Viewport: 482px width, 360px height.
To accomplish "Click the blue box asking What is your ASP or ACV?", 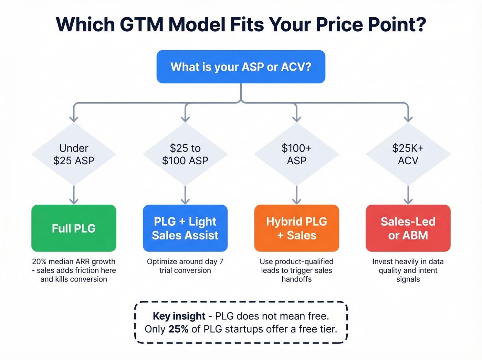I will (x=241, y=67).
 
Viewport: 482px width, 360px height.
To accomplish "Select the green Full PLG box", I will (x=74, y=228).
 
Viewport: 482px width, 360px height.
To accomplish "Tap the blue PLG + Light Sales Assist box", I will (x=185, y=228).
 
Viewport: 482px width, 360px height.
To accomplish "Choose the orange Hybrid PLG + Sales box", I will (x=296, y=228).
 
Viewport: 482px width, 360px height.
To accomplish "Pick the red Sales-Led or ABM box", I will (x=408, y=228).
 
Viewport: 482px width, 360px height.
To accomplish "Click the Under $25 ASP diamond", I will (x=74, y=154).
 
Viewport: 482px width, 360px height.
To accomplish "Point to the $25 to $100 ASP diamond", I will (x=185, y=154).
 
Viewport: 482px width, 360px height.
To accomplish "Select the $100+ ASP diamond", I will (x=296, y=154).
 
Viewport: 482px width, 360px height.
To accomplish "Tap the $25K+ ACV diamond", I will (x=408, y=154).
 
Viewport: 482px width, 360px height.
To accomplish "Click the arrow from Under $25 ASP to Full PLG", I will (x=74, y=195).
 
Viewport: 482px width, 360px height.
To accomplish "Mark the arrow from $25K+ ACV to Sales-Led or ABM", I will (x=408, y=195).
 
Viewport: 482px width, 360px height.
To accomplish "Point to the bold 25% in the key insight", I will (x=178, y=329).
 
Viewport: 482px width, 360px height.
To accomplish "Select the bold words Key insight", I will (x=179, y=316).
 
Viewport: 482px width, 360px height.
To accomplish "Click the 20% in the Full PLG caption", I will (x=39, y=261).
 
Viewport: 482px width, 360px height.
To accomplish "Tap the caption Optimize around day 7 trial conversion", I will (x=185, y=266).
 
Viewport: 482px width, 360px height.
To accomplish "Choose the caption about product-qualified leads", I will (x=296, y=270).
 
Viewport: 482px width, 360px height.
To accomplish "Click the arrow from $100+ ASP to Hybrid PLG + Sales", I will (x=296, y=195).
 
